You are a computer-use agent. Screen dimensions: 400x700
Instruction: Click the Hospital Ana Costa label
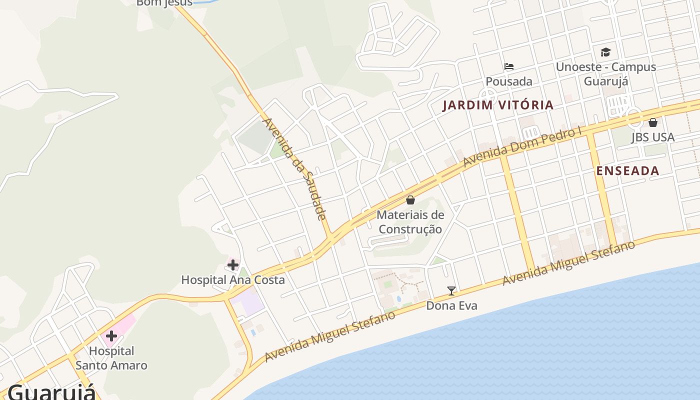point(233,280)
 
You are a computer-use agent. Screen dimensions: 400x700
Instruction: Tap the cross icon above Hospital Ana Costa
point(233,265)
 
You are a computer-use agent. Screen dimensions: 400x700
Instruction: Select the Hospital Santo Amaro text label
point(111,358)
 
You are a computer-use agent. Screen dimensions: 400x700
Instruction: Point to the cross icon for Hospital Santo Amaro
point(111,336)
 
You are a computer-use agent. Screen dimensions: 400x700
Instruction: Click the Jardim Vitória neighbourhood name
point(498,105)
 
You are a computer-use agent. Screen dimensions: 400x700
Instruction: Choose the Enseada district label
point(627,171)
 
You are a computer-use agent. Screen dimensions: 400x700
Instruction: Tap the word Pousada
point(509,81)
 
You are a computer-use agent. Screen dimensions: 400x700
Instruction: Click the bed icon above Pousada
point(509,66)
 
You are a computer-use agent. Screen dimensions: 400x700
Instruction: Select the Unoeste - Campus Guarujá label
point(606,74)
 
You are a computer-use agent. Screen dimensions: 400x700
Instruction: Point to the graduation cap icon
point(605,52)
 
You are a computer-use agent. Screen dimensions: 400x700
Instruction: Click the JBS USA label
point(652,137)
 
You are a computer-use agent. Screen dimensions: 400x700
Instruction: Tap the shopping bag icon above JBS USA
point(652,122)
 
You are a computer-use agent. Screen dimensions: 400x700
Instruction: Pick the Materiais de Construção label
point(410,222)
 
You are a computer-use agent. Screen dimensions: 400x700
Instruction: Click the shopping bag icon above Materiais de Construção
point(410,200)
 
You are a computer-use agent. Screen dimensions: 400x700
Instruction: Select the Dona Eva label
point(451,305)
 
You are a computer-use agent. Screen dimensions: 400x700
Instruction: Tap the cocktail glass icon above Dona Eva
point(451,290)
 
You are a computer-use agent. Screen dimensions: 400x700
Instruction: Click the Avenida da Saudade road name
point(294,169)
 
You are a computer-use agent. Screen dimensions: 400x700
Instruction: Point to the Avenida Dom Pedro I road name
point(523,146)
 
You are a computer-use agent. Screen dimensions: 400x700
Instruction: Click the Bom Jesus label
point(164,3)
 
